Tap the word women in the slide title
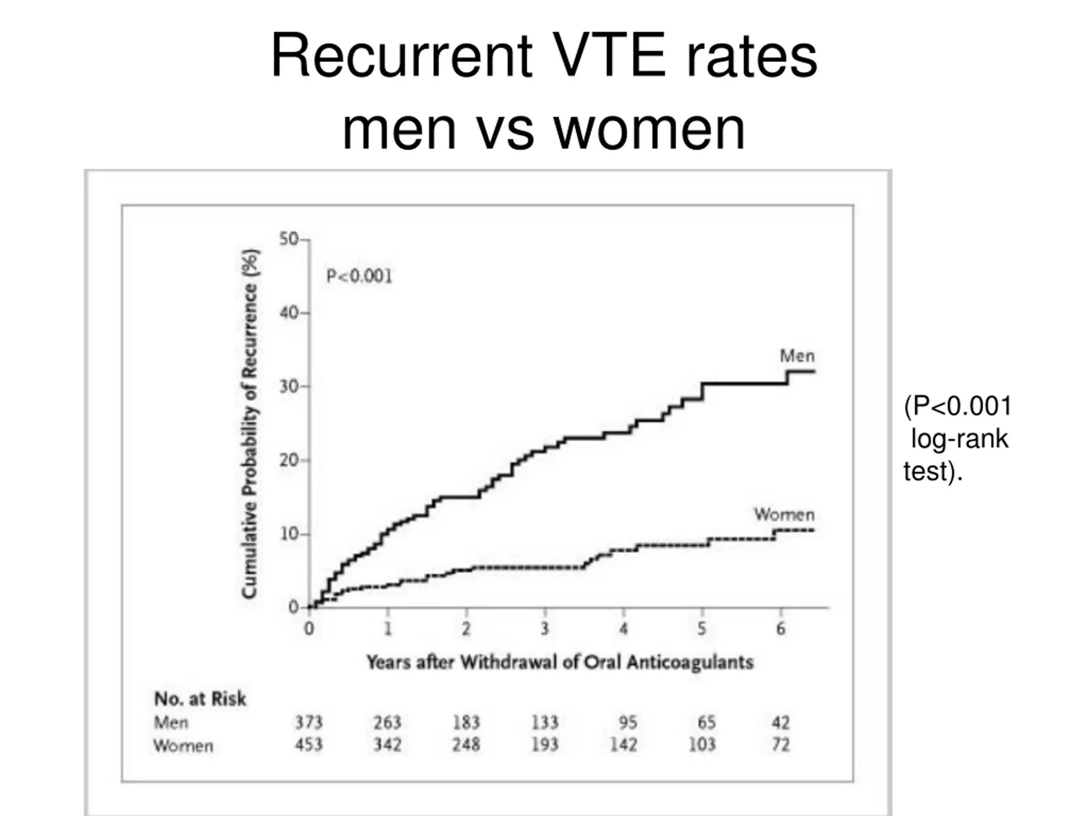649,129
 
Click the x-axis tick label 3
544,629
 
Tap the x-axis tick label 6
781,629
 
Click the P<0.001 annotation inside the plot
360,276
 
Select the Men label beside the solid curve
797,356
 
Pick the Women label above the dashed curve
785,515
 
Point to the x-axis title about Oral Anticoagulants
560,663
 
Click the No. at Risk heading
200,699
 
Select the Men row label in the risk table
171,722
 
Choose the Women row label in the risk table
184,746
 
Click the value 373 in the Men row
309,722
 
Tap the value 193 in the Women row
544,745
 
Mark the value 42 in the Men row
781,722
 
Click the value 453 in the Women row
309,745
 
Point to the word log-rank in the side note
959,439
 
